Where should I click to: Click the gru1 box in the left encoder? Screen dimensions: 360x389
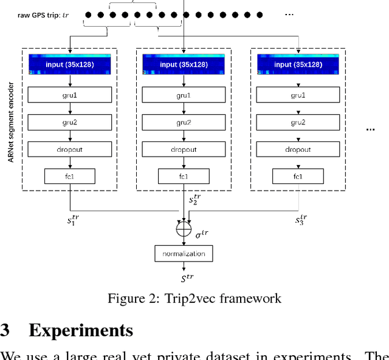click(x=70, y=95)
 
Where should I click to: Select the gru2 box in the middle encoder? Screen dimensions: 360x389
click(x=184, y=123)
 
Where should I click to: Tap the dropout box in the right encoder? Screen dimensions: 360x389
click(x=298, y=150)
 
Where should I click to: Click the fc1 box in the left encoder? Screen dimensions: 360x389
click(x=70, y=177)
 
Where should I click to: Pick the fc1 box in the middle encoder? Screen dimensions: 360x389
click(x=184, y=177)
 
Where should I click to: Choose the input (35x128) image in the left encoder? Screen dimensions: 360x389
click(x=70, y=64)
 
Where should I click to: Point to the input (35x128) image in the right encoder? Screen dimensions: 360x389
click(x=298, y=64)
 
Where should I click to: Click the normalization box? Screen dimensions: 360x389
click(x=184, y=253)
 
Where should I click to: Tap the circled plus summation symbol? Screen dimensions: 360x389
click(x=184, y=230)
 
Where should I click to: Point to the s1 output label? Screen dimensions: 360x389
click(x=74, y=220)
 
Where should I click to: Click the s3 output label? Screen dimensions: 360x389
click(x=301, y=220)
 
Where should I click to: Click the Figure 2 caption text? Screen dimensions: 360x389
click(x=194, y=298)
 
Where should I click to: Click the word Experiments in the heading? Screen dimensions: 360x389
click(x=80, y=330)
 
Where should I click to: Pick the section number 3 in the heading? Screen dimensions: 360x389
click(x=5, y=330)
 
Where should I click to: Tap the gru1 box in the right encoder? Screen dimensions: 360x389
click(x=298, y=95)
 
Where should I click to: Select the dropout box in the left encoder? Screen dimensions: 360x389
click(x=70, y=150)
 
